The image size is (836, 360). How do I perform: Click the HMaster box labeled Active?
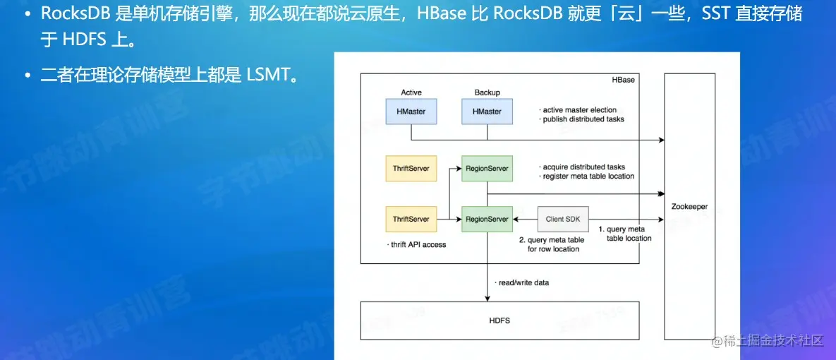point(411,112)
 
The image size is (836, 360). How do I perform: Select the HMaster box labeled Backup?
point(487,112)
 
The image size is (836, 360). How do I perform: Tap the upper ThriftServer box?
point(411,169)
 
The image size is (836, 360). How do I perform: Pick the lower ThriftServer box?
point(411,219)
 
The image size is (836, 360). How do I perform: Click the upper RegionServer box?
point(487,169)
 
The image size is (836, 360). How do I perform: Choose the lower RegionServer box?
point(487,219)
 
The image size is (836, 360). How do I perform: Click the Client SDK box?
point(563,219)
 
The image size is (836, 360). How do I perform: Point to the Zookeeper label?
point(689,205)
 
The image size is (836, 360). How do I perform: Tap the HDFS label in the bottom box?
point(499,320)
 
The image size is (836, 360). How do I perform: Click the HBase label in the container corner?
point(624,80)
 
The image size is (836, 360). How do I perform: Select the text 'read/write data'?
point(522,282)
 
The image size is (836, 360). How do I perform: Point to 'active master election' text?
point(578,110)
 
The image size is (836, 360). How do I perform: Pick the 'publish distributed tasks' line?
point(582,119)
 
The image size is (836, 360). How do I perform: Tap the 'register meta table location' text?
point(587,176)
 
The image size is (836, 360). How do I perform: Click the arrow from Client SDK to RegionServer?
point(525,219)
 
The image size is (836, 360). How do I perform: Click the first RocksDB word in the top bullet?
point(75,14)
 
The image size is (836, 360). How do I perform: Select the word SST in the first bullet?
point(718,14)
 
